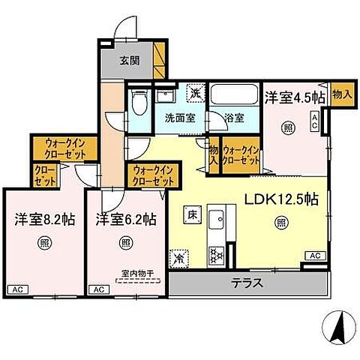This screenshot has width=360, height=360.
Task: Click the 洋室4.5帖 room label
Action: pyautogui.click(x=294, y=97)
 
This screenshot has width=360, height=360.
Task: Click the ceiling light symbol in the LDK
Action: pyautogui.click(x=280, y=221)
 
